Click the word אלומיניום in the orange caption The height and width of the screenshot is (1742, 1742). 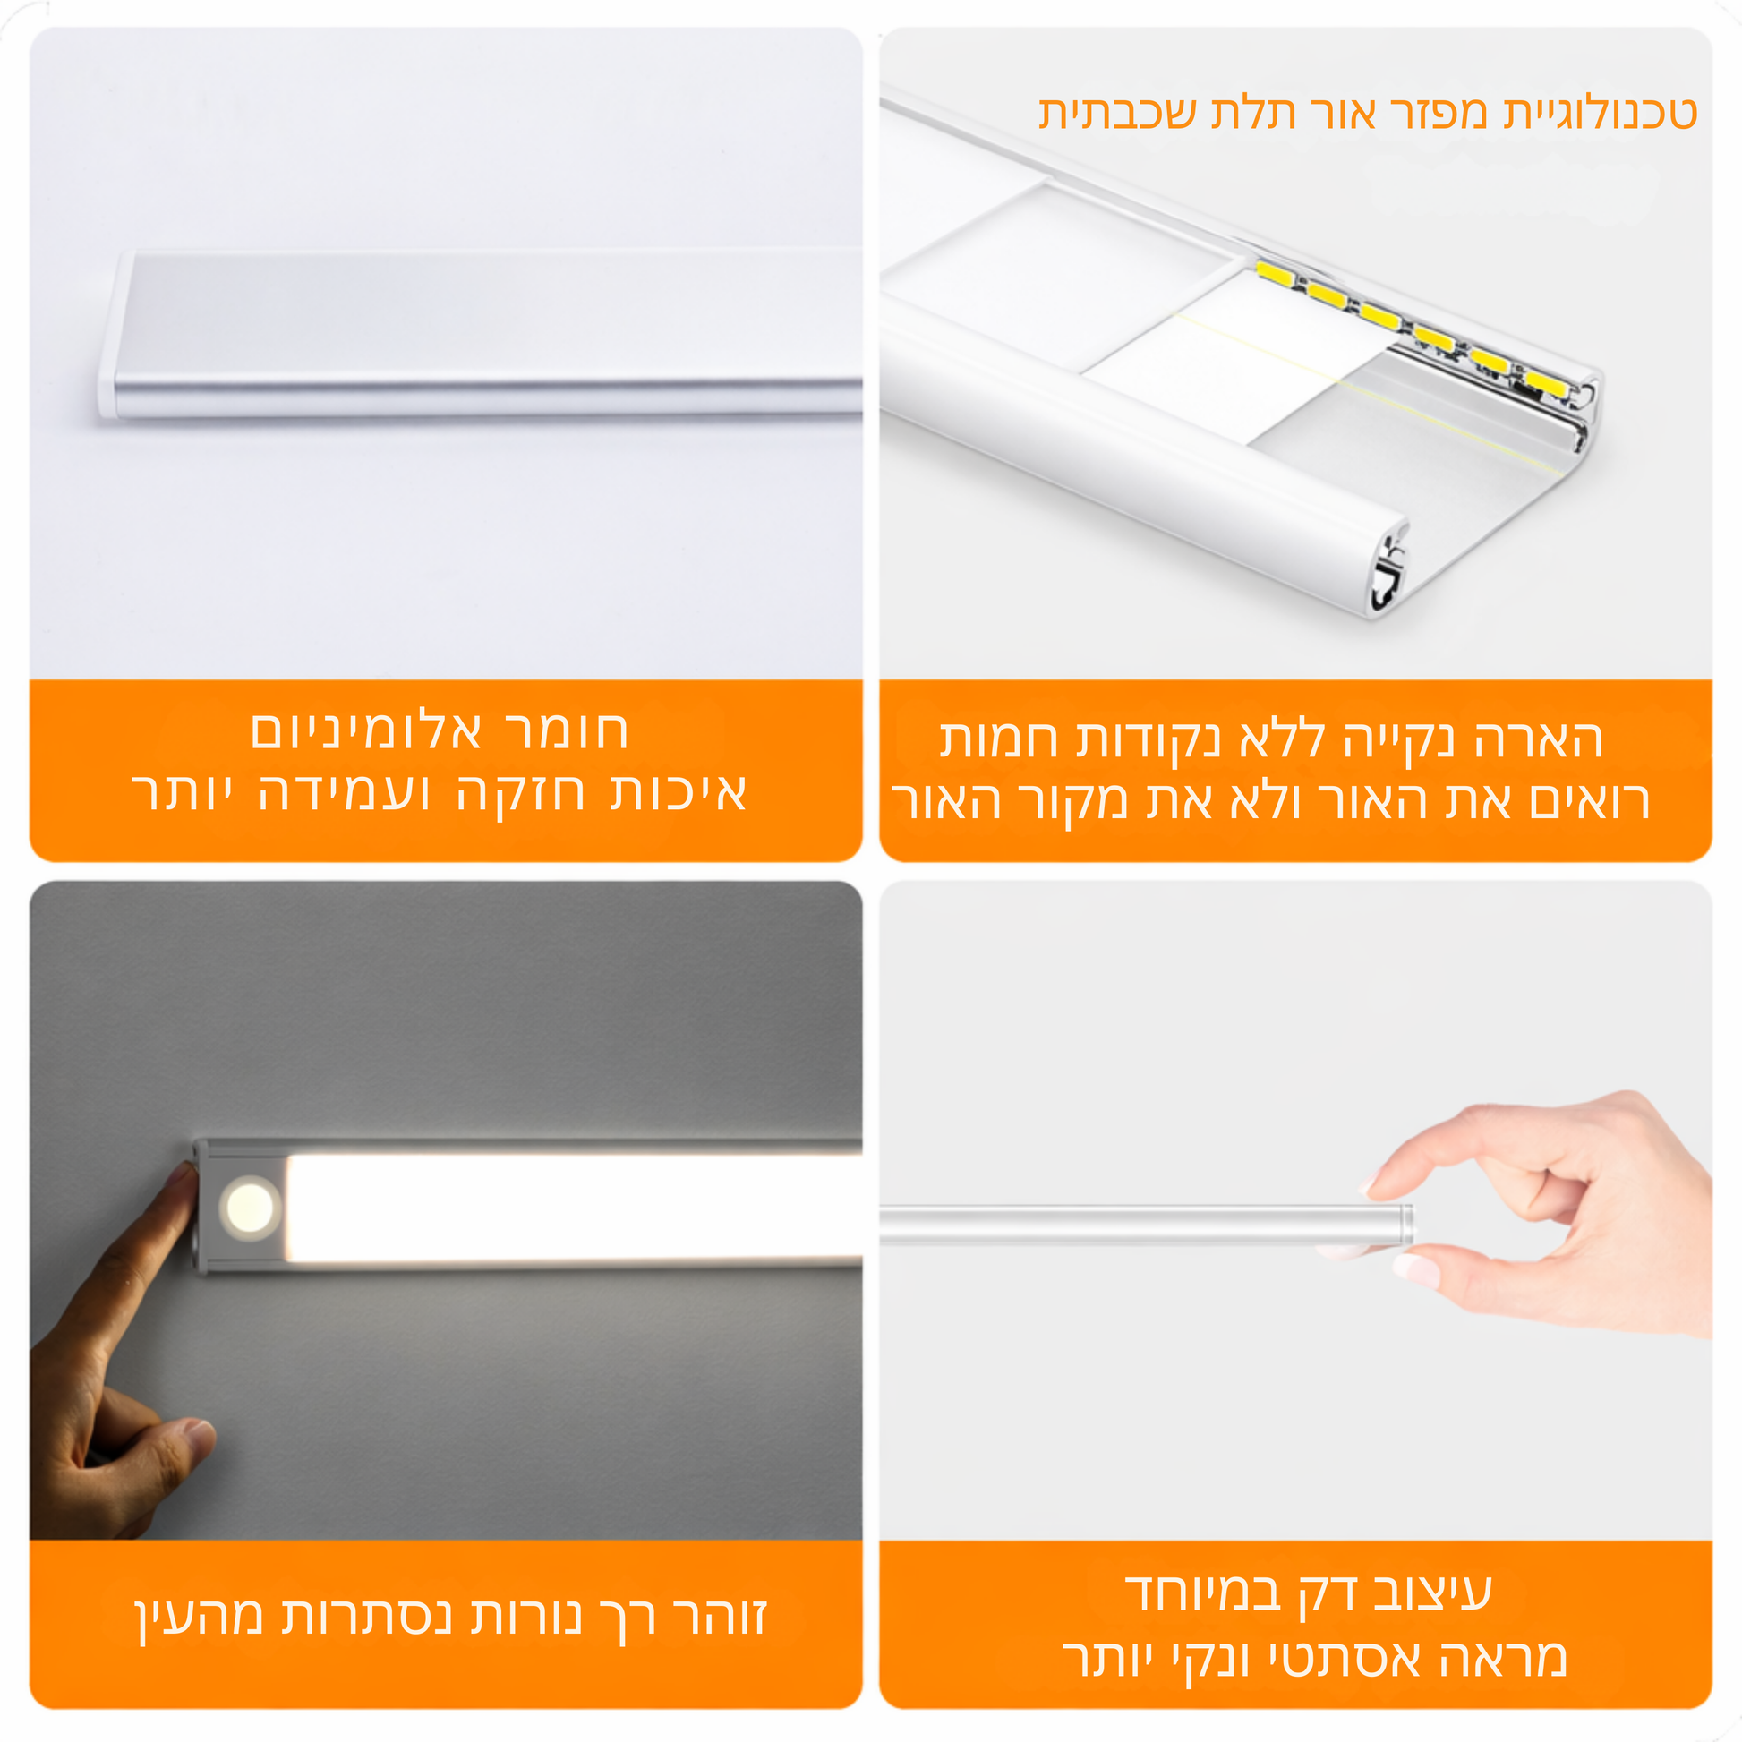click(367, 730)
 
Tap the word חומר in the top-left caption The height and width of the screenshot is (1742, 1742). click(566, 730)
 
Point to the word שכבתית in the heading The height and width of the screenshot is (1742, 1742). click(1118, 114)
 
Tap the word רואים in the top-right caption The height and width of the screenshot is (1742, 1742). click(1589, 800)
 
